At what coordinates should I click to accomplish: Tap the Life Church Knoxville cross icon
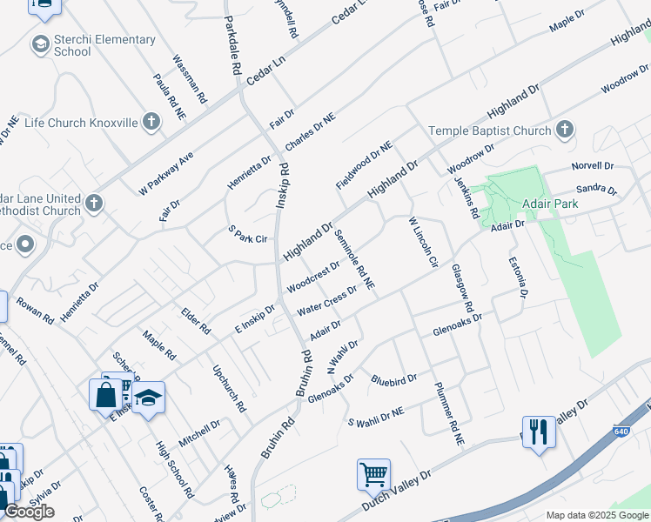[x=151, y=123]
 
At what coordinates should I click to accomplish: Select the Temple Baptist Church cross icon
[x=564, y=130]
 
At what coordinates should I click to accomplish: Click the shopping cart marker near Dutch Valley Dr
[x=373, y=474]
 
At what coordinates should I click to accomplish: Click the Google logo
[x=30, y=512]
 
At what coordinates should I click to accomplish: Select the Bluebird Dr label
[x=393, y=379]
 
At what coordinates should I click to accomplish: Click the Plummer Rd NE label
[x=447, y=415]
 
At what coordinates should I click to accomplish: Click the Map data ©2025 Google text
[x=597, y=515]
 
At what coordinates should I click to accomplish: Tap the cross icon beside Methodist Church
[x=93, y=204]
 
